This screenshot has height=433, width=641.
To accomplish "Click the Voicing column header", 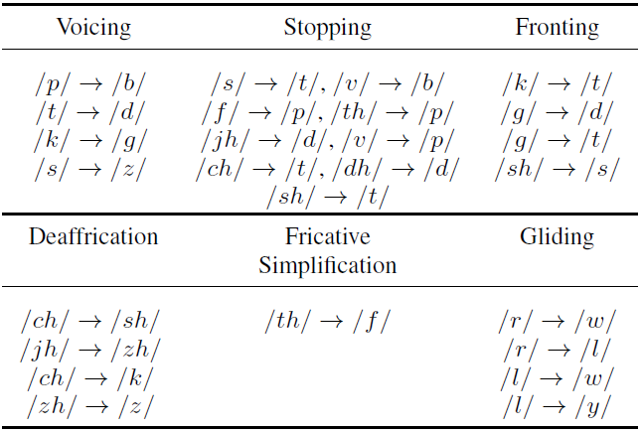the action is pos(93,27).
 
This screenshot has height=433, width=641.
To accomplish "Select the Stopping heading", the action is pos(327,28).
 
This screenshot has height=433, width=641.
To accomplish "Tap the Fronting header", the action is pos(557,28).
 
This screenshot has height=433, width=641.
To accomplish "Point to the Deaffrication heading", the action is pos(93,236).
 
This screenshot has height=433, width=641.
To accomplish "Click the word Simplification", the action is pos(327,265).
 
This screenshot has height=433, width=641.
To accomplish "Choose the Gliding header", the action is pos(557,237).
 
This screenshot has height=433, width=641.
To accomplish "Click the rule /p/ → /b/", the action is pos(90,84).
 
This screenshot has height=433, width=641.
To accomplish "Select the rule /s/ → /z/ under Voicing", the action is pos(90,169).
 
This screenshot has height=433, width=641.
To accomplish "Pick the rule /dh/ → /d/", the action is pos(396,169).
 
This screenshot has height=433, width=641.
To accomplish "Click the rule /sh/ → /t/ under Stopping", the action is pos(327,197).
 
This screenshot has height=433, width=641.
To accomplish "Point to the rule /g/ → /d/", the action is pos(558,112).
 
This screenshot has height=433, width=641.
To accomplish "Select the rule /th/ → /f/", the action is pos(327,321).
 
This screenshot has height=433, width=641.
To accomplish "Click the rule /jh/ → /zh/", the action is pos(90,350).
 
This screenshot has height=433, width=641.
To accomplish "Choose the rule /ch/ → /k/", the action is pos(90,377).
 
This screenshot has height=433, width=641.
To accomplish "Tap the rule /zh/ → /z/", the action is pos(90,406).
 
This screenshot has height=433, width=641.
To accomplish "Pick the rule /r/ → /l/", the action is pos(558,350).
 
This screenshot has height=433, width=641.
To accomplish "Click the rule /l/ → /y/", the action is pos(558,406).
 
